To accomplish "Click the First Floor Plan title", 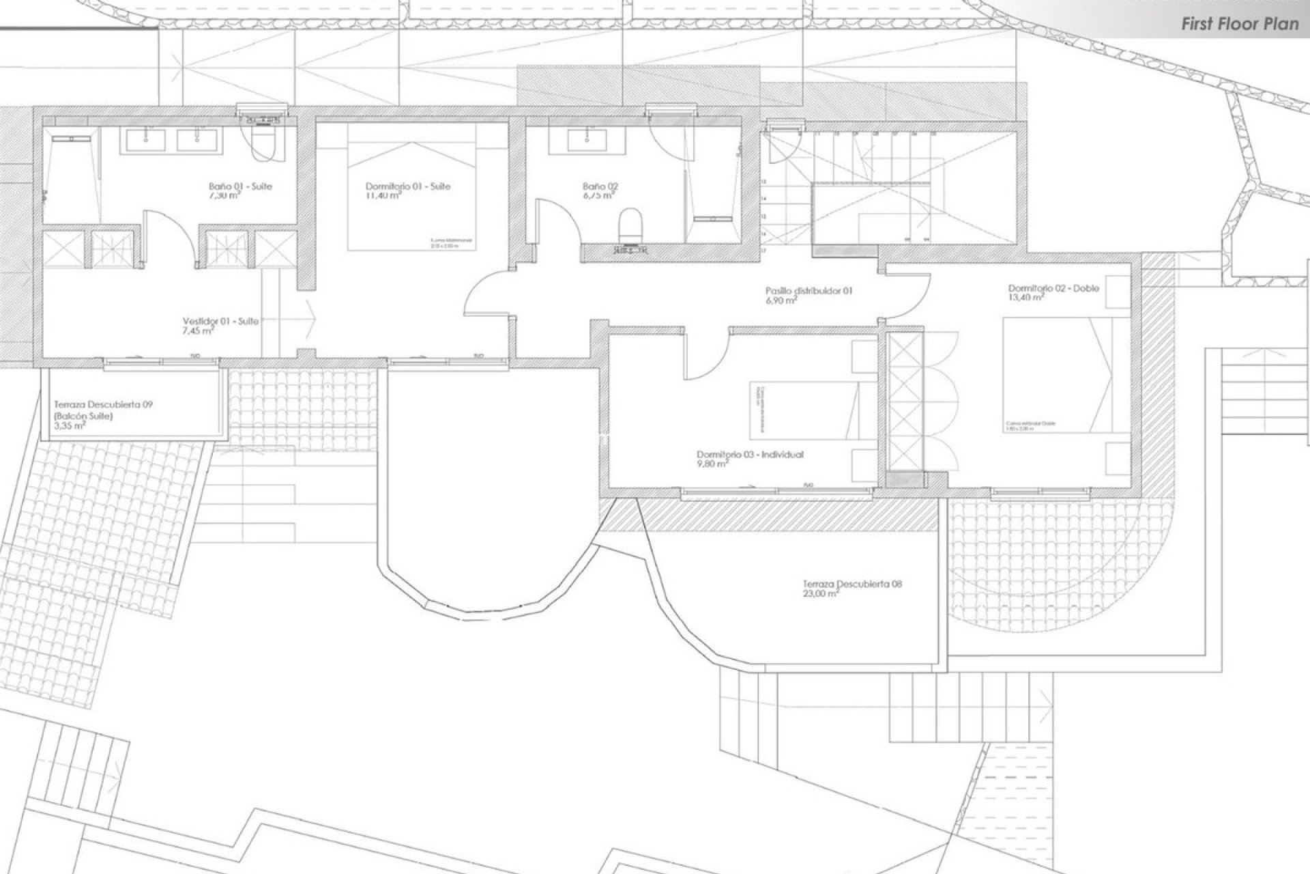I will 1240,25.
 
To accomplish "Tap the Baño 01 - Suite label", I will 240,186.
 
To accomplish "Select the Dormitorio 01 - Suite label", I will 407,186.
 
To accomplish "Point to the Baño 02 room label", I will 600,186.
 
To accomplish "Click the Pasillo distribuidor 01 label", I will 809,291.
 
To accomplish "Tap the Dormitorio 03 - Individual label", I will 750,454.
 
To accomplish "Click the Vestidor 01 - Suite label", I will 220,321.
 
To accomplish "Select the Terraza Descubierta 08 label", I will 852,584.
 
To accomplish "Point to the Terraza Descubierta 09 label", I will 103,405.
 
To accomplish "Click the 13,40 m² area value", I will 1026,298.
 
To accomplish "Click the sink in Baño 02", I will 585,139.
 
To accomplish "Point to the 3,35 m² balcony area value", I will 69,425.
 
